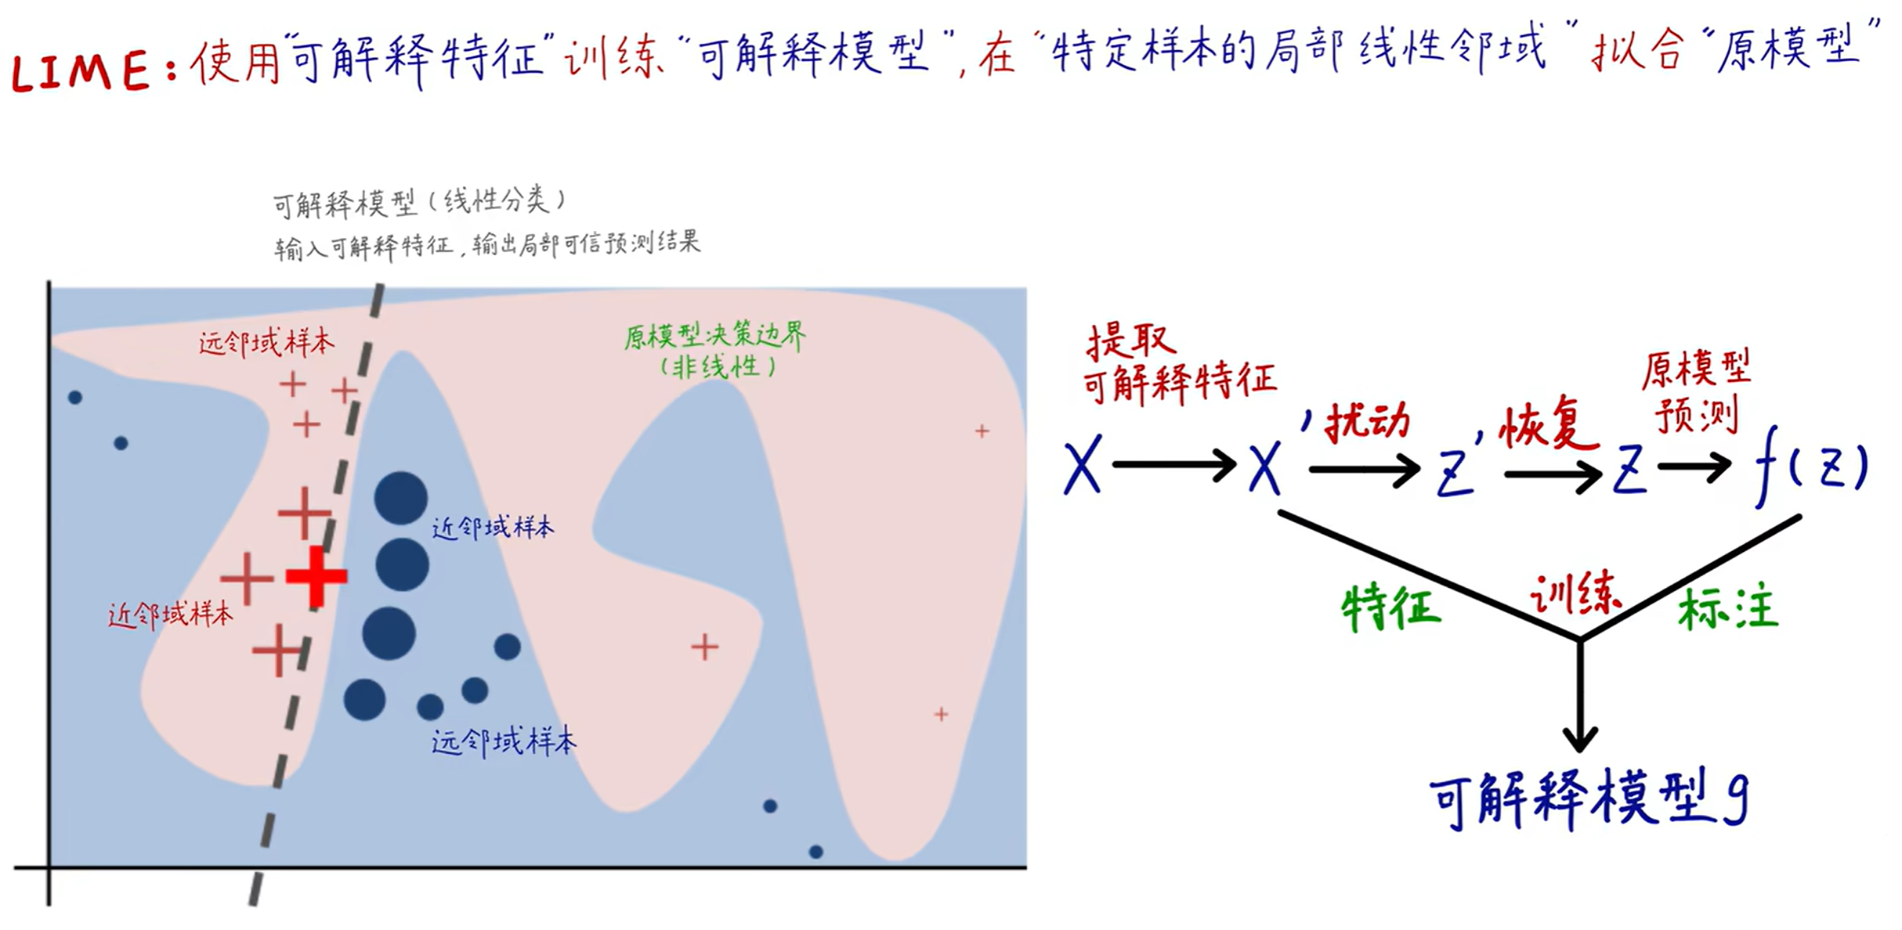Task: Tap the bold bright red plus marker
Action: pyautogui.click(x=316, y=577)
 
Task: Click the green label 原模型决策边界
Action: pyautogui.click(x=714, y=337)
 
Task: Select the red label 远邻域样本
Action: pyautogui.click(x=266, y=343)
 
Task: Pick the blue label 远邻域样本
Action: pyautogui.click(x=504, y=741)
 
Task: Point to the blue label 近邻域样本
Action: pyautogui.click(x=493, y=528)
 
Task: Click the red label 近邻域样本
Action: pyautogui.click(x=171, y=615)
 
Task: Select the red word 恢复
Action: pyautogui.click(x=1547, y=427)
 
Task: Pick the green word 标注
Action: pyautogui.click(x=1727, y=610)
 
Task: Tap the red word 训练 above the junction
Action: pyautogui.click(x=1575, y=595)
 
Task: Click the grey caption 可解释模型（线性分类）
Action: pyautogui.click(x=419, y=203)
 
